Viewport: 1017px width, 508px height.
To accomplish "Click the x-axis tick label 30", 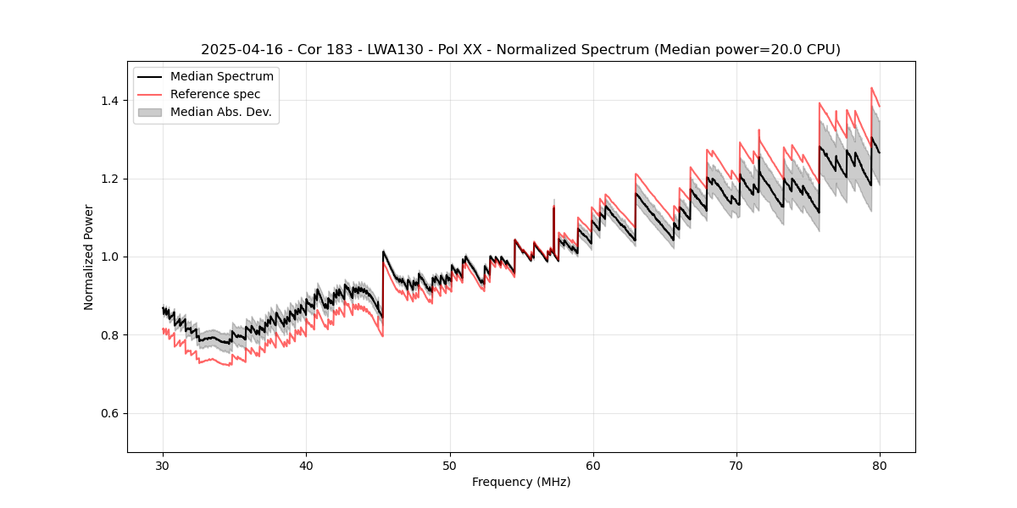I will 163,465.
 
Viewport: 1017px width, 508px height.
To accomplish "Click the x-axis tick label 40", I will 306,465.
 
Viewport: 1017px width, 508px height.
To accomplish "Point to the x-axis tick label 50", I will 449,465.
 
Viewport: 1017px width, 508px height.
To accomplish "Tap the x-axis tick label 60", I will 592,465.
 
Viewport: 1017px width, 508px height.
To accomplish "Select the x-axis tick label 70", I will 736,465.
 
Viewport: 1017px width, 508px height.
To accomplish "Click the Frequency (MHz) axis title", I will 521,482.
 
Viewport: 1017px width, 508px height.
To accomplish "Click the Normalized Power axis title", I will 89,257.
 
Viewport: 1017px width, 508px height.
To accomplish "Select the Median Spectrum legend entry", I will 221,77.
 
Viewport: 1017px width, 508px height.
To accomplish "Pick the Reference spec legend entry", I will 215,94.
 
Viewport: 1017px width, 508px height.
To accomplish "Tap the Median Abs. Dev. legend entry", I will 220,112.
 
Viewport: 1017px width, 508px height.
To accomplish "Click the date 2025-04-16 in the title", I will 238,50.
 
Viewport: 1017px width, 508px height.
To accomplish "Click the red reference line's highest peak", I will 871,87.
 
